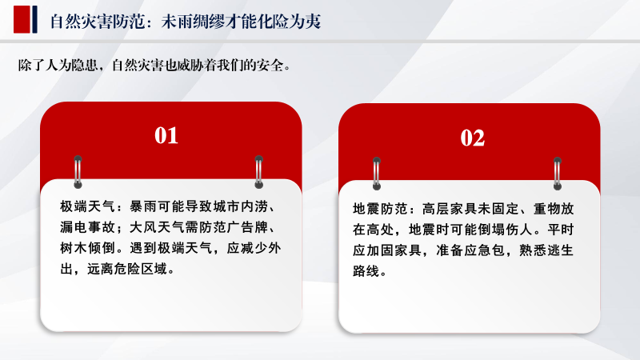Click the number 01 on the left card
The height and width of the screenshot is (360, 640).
(166, 135)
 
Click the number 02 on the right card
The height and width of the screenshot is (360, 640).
(473, 138)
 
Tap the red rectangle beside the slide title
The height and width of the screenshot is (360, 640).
(22, 19)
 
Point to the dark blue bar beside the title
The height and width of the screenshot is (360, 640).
(34, 19)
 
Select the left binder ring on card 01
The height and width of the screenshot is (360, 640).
(78, 172)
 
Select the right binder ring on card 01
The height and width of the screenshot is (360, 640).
(258, 172)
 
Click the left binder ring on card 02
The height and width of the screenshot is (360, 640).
(377, 174)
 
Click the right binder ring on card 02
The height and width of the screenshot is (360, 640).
(558, 174)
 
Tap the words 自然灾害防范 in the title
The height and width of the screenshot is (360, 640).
(98, 22)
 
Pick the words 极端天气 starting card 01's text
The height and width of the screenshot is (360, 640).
(87, 206)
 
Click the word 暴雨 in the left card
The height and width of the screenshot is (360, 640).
(143, 206)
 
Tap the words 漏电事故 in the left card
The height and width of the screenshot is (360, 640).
(87, 227)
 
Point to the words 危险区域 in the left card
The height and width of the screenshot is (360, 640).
(141, 269)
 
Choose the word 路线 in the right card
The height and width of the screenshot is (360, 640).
(366, 271)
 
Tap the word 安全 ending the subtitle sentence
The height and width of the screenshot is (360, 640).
(270, 66)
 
